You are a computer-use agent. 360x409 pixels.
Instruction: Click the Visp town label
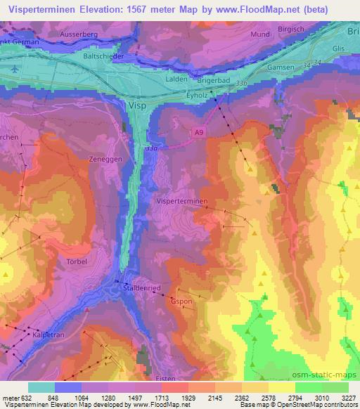tap(138, 105)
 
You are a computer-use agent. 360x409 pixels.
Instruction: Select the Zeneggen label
tap(107, 160)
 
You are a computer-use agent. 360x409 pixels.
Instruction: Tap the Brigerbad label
tap(214, 82)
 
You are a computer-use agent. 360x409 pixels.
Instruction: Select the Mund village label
tap(259, 33)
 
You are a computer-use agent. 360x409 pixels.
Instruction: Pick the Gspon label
tap(181, 301)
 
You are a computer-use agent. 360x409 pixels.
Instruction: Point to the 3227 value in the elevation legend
tap(348, 396)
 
